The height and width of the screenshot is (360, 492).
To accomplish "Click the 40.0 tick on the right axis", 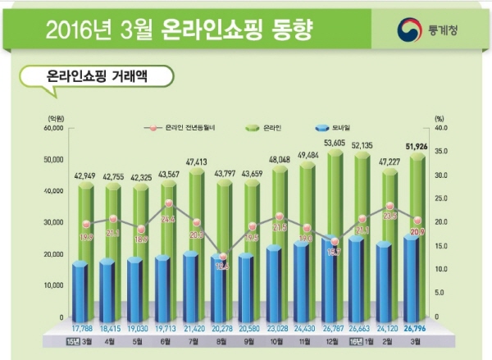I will [440, 129].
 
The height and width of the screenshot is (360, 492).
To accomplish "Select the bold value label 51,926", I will [418, 147].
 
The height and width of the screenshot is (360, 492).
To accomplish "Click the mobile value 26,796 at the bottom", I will [418, 330].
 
